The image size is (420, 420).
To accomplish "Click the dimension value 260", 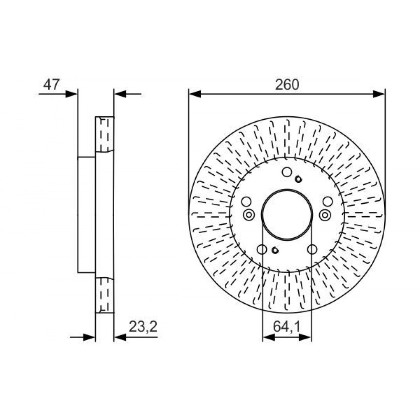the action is pyautogui.click(x=287, y=85).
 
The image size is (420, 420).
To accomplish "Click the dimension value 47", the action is pyautogui.click(x=51, y=85).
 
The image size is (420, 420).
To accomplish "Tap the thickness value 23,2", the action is pyautogui.click(x=143, y=326).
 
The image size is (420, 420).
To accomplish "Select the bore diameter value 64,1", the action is pyautogui.click(x=287, y=326).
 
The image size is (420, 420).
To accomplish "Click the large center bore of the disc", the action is pyautogui.click(x=287, y=214).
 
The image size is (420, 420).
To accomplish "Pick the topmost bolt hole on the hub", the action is pyautogui.click(x=287, y=172).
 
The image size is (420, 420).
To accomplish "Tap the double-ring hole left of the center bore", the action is pyautogui.click(x=249, y=214).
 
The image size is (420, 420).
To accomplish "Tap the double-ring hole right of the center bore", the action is pyautogui.click(x=325, y=214).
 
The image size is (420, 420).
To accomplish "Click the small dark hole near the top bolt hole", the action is pyautogui.click(x=298, y=179).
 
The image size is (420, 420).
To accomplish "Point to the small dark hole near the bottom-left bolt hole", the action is pyautogui.click(x=275, y=250).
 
